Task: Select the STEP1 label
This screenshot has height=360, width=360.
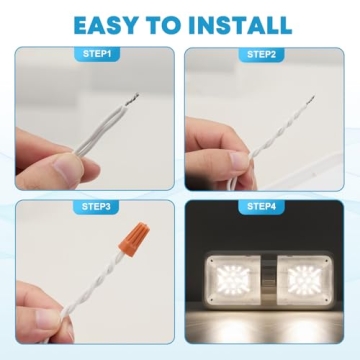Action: tap(95, 54)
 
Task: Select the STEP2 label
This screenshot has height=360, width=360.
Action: tap(264, 54)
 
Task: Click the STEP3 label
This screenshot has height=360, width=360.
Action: tap(95, 207)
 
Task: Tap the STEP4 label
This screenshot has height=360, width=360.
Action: tap(264, 207)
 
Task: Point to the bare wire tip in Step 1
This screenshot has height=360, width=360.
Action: tap(132, 98)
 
